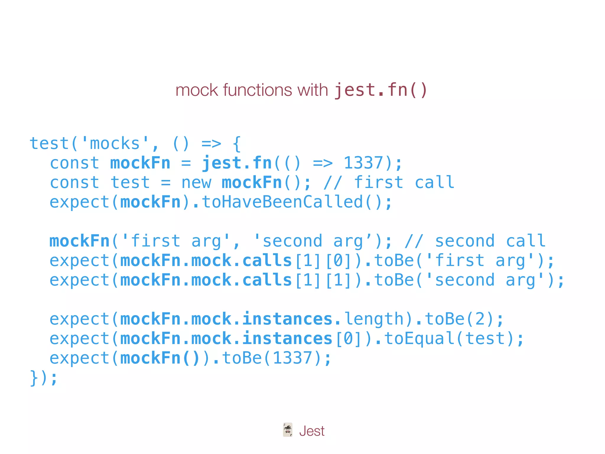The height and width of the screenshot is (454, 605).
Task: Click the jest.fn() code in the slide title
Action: (x=381, y=90)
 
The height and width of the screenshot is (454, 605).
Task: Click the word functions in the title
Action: (x=257, y=90)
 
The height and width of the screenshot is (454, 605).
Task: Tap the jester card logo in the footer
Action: (x=287, y=430)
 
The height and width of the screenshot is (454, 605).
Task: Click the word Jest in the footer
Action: (x=312, y=431)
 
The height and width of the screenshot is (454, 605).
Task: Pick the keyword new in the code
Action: (x=196, y=183)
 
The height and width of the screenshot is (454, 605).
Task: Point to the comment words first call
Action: (x=404, y=183)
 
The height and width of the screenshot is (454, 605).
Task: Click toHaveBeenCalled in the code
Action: (x=282, y=202)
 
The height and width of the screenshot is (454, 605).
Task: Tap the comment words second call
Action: (x=490, y=241)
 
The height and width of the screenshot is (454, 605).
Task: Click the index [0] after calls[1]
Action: (x=338, y=261)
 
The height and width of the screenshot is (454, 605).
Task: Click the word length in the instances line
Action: (x=374, y=319)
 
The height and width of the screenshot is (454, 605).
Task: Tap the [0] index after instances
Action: (x=349, y=339)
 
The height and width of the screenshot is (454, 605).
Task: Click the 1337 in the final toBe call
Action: (x=292, y=358)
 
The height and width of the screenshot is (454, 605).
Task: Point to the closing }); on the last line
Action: (x=43, y=378)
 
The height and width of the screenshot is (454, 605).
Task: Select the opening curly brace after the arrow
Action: (x=237, y=144)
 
